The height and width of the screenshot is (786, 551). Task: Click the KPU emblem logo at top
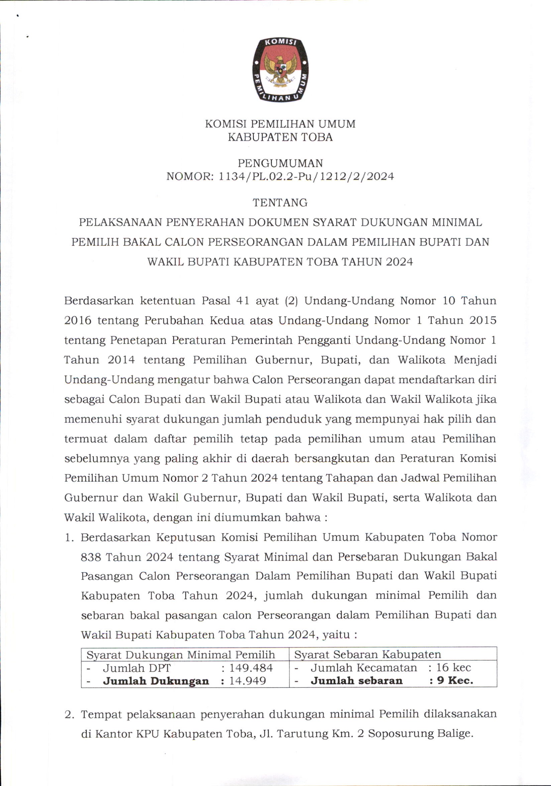280,70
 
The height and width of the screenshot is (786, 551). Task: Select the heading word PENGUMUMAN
280,163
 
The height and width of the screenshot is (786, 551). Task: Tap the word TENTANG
280,203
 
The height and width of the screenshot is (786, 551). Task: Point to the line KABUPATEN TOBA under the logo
280,137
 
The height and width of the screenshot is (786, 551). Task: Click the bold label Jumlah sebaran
356,680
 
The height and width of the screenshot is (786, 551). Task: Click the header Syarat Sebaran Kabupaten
367,655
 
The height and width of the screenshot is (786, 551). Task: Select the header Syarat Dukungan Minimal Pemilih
181,655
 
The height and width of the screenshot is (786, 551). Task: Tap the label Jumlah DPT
137,668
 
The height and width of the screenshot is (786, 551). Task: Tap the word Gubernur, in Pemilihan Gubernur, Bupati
283,360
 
